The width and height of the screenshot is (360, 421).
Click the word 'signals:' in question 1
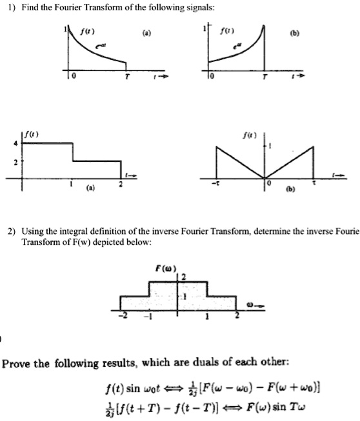click(x=192, y=6)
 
